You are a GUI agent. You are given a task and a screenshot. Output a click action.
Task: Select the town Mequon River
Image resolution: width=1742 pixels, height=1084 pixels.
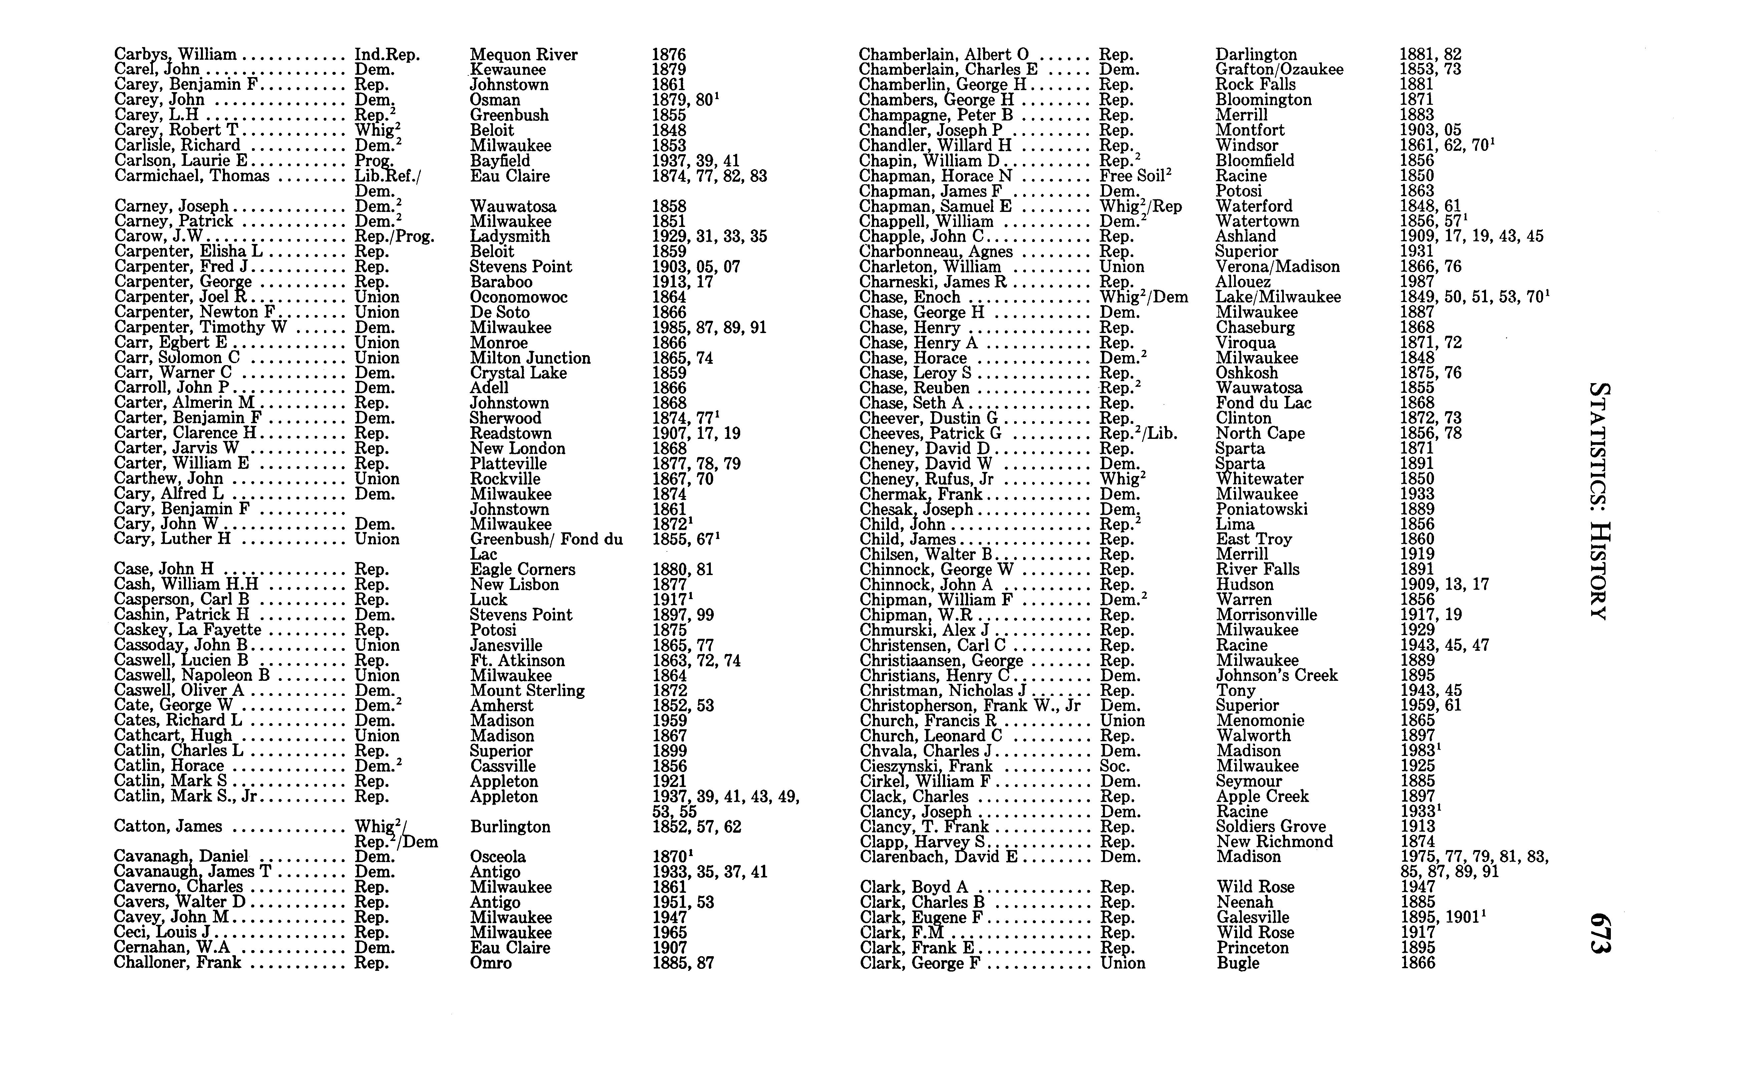523,54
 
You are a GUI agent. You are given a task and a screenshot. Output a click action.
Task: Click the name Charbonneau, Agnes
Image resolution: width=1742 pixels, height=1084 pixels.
935,252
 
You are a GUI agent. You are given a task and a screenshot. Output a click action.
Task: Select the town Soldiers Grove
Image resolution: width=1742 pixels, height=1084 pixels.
1271,827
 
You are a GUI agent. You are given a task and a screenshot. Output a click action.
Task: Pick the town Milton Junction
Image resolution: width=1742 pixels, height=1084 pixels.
530,358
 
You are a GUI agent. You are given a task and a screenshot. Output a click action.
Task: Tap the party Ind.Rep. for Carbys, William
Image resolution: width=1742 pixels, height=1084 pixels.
387,54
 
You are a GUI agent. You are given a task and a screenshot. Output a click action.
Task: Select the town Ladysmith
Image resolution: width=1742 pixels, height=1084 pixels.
510,237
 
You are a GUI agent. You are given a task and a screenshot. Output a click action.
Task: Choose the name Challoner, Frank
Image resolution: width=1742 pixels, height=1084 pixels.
177,963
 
